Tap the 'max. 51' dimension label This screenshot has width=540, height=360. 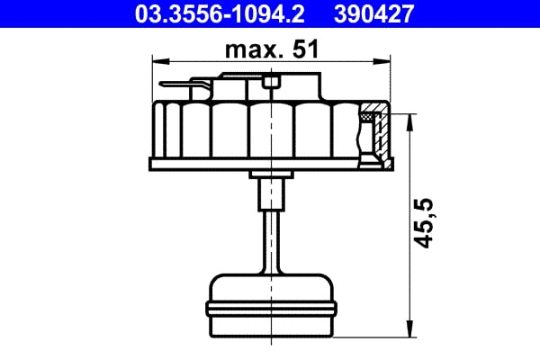273,50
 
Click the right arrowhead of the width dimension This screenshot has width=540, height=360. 386,61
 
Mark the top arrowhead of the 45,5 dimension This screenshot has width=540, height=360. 411,120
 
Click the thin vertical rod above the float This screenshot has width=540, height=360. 271,238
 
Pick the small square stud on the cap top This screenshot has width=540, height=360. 273,85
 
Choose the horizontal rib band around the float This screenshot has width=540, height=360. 271,309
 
